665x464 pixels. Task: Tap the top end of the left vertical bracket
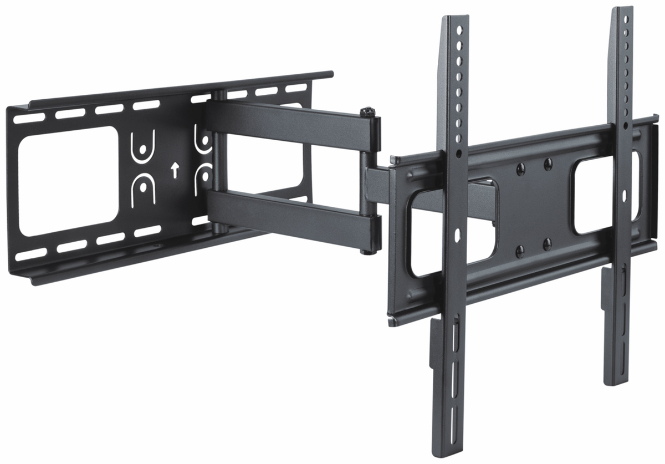pos(453,22)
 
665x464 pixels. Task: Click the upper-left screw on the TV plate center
pos(520,166)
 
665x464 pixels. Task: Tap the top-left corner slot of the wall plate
pos(25,118)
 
